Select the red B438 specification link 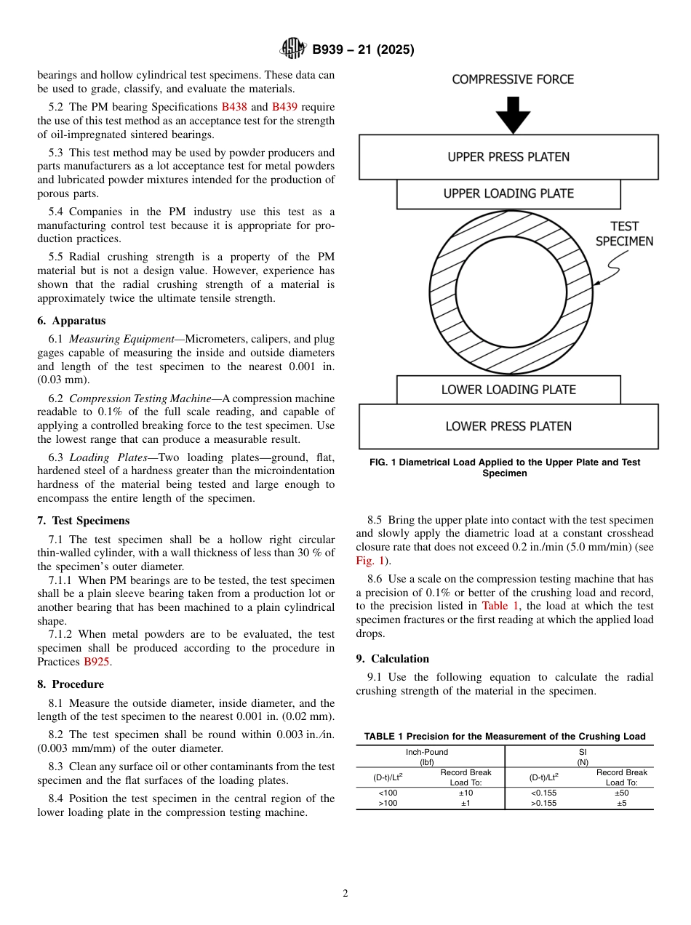tap(234, 107)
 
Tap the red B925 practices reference tap(97, 662)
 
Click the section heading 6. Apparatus tap(71, 321)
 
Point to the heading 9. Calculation tap(392, 659)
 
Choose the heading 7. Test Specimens tap(84, 521)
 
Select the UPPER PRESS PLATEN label tap(508, 157)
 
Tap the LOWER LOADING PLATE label tap(508, 390)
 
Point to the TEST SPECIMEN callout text tap(624, 234)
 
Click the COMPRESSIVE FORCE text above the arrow tap(513, 79)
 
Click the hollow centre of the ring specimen tap(511, 292)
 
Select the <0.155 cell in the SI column tap(543, 793)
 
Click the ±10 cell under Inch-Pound tap(466, 793)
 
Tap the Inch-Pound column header tap(427, 752)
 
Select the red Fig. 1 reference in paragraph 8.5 tap(369, 561)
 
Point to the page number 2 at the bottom tap(345, 894)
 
